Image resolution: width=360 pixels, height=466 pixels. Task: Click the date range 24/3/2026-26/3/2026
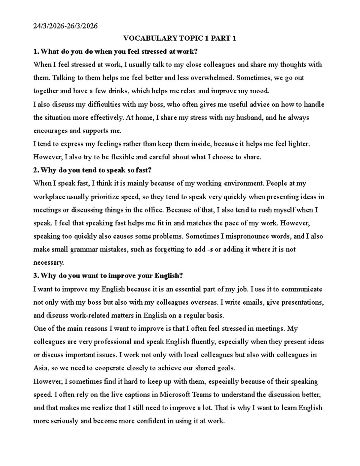65,26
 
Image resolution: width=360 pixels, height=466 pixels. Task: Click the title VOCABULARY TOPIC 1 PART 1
180,38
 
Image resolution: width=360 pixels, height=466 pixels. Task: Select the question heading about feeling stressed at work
115,52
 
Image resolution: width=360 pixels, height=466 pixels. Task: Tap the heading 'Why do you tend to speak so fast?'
92,170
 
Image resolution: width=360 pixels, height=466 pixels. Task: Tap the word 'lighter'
298,144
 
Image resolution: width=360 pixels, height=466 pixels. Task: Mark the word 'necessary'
48,263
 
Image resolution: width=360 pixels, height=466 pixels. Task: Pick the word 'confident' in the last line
151,421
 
